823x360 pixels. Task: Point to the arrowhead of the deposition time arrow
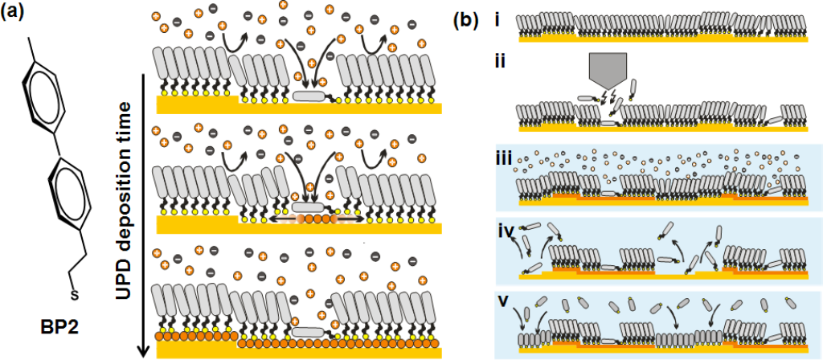coord(145,350)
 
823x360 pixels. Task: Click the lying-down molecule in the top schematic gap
coord(310,96)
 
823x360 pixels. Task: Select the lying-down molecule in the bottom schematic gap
coord(309,332)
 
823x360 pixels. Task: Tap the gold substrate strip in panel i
coord(663,37)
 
